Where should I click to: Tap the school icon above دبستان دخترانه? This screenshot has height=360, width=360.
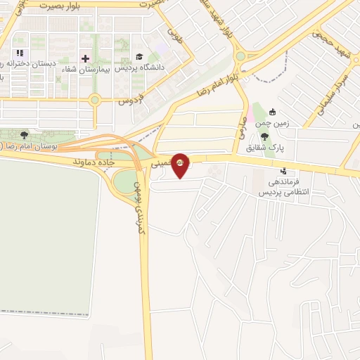pos(20,53)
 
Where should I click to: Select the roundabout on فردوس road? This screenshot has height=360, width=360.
pos(94,101)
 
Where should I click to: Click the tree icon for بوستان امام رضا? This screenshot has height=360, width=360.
pos(25,134)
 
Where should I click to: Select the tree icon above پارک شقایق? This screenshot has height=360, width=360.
pos(264,136)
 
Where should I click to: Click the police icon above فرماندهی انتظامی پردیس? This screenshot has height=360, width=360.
pos(283,170)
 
